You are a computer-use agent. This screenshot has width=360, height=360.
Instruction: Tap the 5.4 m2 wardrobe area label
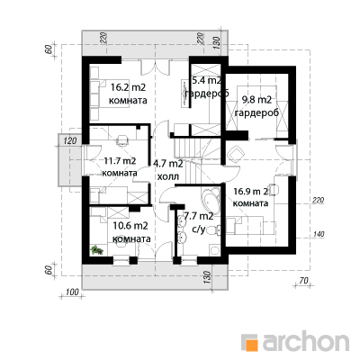207,80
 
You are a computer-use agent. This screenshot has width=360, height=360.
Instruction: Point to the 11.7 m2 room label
120,161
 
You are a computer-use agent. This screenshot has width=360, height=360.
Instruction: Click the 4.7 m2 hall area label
168,164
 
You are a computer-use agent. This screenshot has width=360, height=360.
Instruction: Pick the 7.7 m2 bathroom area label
199,216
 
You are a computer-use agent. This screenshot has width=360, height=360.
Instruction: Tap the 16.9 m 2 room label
251,192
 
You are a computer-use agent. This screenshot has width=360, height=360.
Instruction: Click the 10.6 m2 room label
130,226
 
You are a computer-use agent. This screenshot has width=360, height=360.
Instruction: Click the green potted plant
97,250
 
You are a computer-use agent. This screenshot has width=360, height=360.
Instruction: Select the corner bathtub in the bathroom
210,200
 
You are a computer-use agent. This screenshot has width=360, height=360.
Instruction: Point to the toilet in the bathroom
215,230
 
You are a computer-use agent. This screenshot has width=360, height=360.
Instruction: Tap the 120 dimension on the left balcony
70,140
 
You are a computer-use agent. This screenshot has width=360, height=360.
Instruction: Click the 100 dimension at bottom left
71,292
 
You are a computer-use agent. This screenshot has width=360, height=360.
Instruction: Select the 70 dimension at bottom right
303,281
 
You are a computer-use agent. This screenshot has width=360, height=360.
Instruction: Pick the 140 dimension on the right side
318,234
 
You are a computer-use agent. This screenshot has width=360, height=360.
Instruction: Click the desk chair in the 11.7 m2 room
122,139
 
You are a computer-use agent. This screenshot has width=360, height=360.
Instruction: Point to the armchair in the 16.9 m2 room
236,155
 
